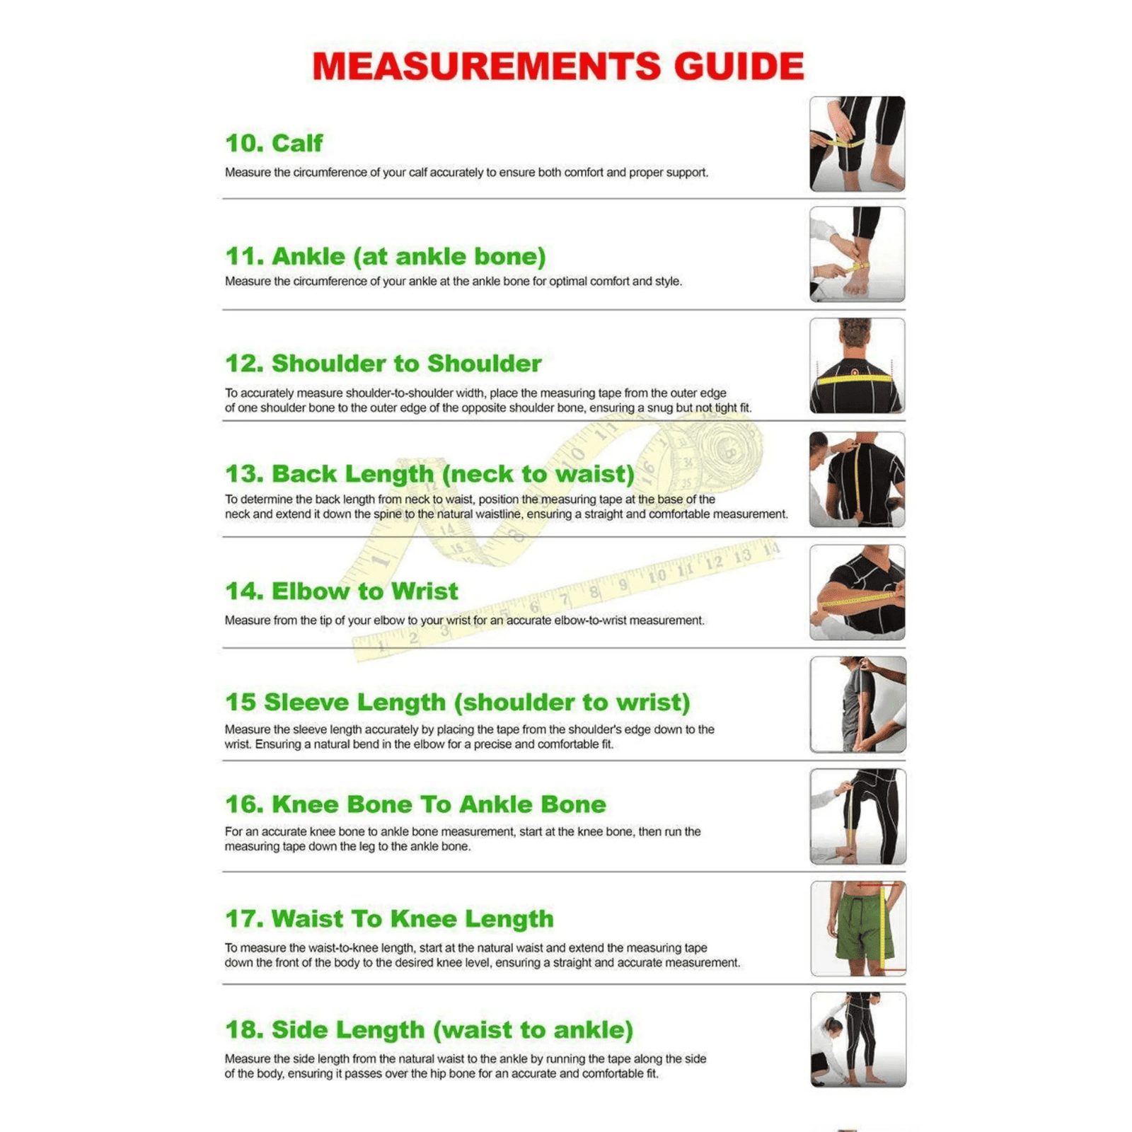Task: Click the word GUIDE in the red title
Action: [739, 67]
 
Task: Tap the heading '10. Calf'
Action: [274, 143]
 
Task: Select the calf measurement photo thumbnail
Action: [857, 144]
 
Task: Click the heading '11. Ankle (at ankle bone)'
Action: [386, 256]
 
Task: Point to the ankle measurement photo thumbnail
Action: [857, 254]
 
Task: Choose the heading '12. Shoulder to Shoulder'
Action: [383, 363]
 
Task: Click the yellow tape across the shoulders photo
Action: [855, 379]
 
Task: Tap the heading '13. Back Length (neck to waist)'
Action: [430, 473]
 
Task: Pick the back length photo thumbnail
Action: [857, 479]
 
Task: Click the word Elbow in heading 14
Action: [311, 591]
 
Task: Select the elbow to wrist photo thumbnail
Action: [857, 592]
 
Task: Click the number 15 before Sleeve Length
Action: [241, 702]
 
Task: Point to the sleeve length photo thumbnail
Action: [857, 704]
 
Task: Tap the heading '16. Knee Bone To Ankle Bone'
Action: [416, 804]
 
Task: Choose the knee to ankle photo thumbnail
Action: [857, 816]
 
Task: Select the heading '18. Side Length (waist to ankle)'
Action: [429, 1029]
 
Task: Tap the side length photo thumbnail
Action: [858, 1039]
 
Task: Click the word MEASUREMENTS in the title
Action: [487, 67]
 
